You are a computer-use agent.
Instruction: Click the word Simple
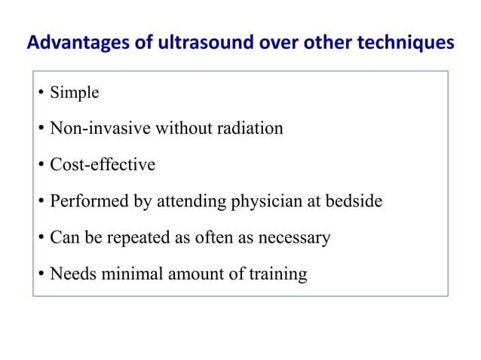coord(74,93)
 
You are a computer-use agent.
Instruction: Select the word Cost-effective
coord(103,164)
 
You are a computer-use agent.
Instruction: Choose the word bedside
coord(357,201)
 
